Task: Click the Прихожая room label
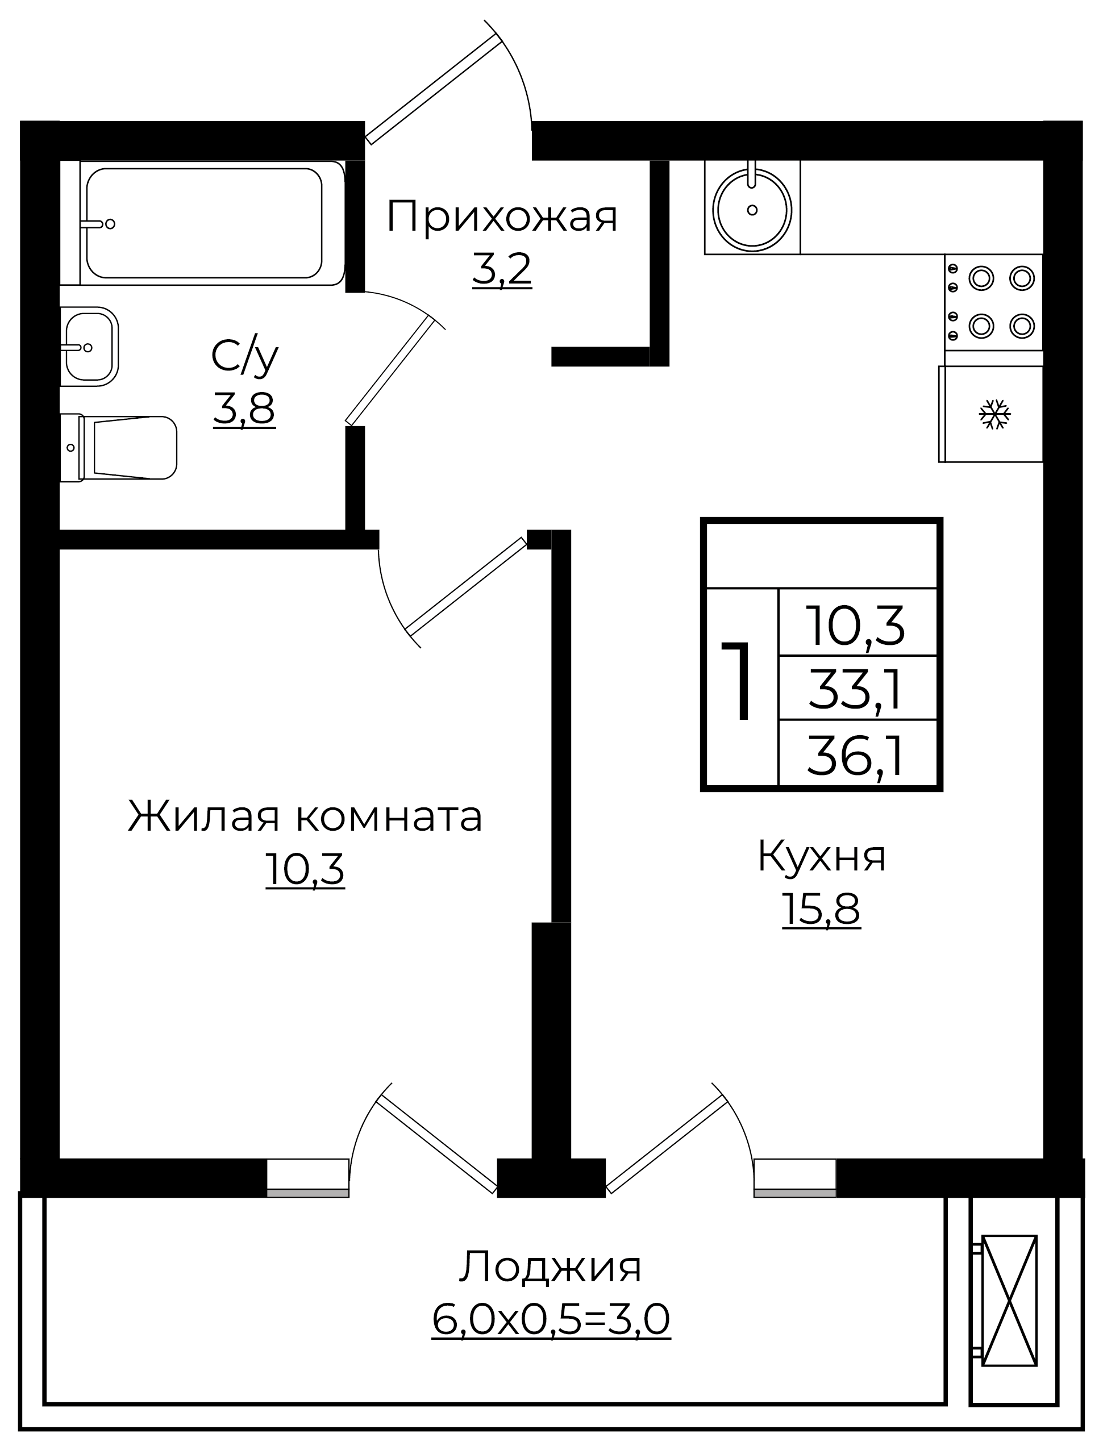(502, 216)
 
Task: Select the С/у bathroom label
(245, 359)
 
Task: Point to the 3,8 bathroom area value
(244, 409)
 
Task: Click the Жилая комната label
(305, 816)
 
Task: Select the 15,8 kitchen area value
(821, 910)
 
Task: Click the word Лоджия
(550, 1268)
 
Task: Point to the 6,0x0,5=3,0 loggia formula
(551, 1319)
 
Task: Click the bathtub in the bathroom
(212, 223)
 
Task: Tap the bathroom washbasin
(89, 347)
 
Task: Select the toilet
(119, 448)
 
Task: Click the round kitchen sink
(752, 210)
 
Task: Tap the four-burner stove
(994, 302)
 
